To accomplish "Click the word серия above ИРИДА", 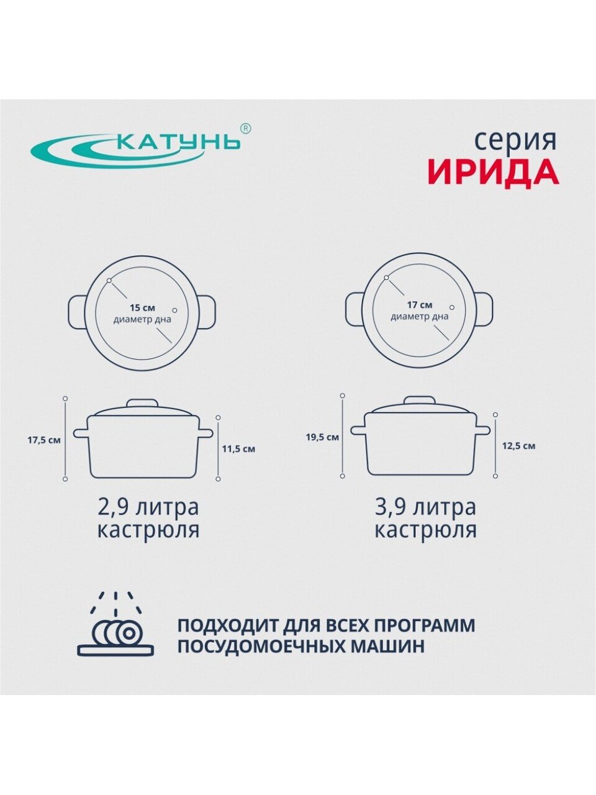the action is [x=515, y=142].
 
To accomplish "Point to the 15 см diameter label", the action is [x=143, y=308].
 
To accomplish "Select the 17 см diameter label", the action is [x=420, y=305].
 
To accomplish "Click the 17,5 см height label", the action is [x=44, y=441].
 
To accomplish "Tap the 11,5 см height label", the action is [x=238, y=449].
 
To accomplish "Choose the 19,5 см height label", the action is [x=322, y=437].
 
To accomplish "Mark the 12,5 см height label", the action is [x=518, y=446].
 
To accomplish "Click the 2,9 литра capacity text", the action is [x=148, y=507].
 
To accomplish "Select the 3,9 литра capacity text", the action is [x=425, y=507].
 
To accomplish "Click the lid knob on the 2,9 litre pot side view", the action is [x=143, y=404].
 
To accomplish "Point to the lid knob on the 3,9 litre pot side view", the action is [x=420, y=401].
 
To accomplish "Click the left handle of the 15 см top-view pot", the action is [x=78, y=312].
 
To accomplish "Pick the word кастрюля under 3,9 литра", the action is [x=425, y=530].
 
